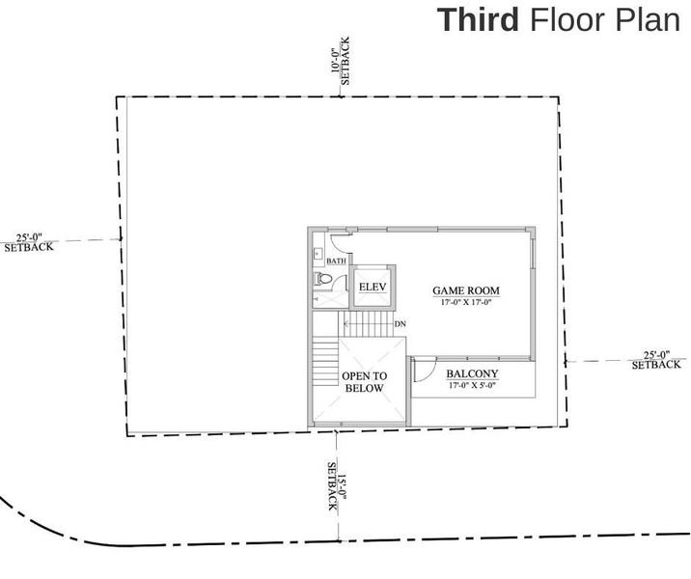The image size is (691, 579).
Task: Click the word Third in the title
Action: click(x=479, y=19)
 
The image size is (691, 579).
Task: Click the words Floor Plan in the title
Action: click(x=605, y=19)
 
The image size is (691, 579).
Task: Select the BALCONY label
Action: click(x=472, y=374)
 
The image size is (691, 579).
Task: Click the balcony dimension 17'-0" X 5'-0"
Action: click(x=472, y=386)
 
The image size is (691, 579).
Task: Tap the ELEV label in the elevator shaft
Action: click(x=372, y=288)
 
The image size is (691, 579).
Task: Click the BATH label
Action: click(x=336, y=262)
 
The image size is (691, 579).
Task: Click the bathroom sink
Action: click(x=318, y=254)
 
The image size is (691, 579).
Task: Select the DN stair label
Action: click(x=400, y=324)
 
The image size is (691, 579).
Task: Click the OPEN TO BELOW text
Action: click(x=364, y=382)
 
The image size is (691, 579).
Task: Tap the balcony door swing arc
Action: click(x=422, y=370)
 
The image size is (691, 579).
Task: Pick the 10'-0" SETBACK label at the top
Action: click(x=341, y=68)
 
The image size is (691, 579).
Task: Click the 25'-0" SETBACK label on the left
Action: click(x=36, y=240)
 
